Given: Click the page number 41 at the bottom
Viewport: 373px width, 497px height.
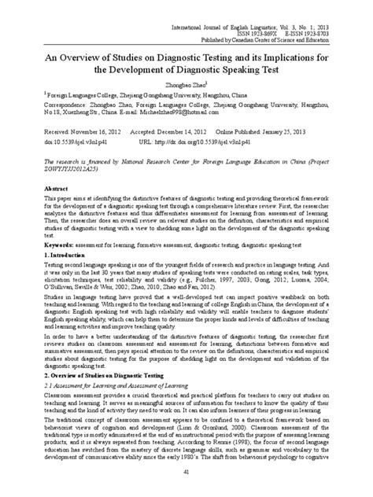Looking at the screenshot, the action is [x=186, y=469].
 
